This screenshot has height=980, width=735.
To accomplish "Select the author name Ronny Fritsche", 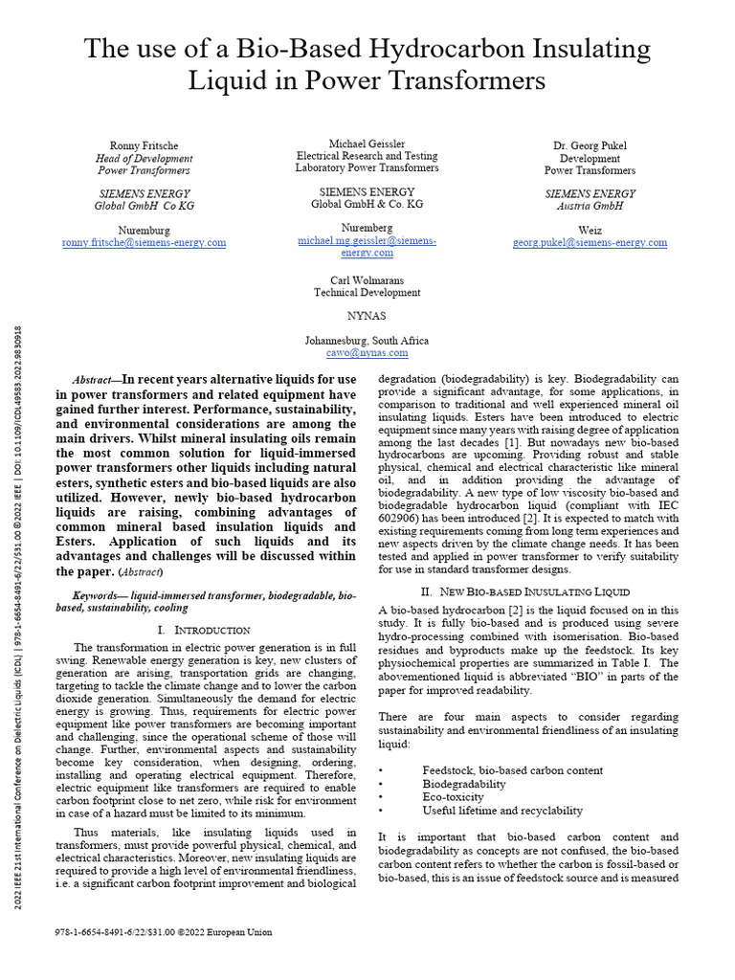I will point(144,145).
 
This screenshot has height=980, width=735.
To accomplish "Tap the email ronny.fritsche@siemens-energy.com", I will point(144,242).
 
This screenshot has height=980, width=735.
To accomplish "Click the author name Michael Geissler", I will point(367,143).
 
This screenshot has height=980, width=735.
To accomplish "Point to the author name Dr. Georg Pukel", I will point(590,145).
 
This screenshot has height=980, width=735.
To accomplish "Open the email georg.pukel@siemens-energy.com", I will point(590,243).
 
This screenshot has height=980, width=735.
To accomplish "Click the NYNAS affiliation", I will point(367,314).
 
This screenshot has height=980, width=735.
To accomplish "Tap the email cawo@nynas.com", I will point(367,352).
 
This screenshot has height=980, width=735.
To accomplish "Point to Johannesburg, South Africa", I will point(367,340).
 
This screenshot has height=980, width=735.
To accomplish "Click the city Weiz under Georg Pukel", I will point(590,230).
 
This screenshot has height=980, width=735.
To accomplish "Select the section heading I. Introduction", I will point(204,630).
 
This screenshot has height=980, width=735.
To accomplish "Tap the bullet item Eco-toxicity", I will point(453,796).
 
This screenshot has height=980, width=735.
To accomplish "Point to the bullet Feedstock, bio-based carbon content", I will point(512,769).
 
